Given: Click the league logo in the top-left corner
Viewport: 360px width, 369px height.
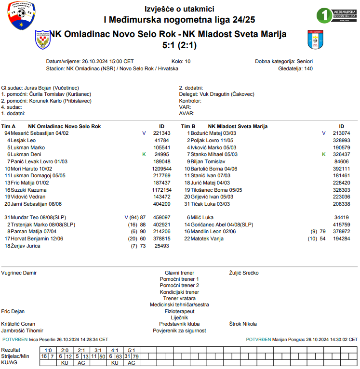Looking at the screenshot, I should [x=21, y=16].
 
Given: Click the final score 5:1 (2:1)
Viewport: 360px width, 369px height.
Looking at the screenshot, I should [x=179, y=45].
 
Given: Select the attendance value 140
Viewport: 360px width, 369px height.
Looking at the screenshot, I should [x=308, y=69].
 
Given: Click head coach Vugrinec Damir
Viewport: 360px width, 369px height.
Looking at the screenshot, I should [x=19, y=273].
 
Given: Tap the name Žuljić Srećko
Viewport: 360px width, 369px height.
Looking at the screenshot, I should [x=244, y=273].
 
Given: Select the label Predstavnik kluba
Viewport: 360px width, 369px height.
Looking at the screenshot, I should [x=179, y=324].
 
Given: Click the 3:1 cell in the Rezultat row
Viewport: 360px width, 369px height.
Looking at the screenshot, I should [x=98, y=350].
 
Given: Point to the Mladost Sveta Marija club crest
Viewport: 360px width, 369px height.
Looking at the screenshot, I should [x=316, y=40].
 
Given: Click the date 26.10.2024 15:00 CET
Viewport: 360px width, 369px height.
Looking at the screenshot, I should [x=108, y=62].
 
